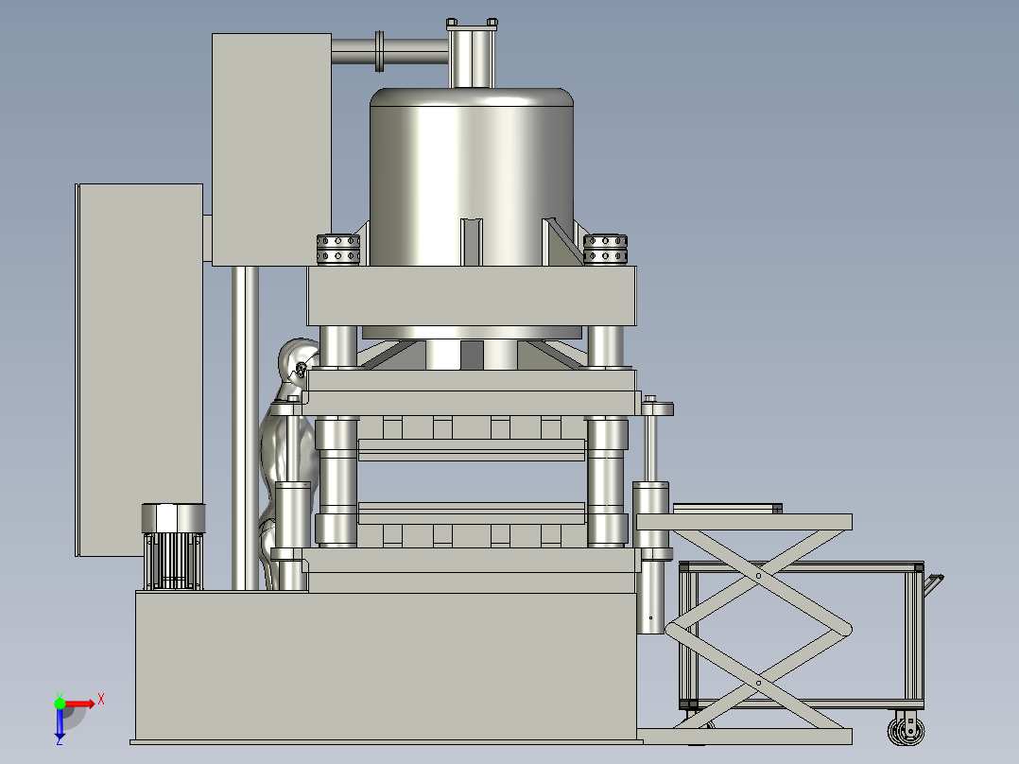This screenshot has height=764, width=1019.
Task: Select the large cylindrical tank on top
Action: point(472,176)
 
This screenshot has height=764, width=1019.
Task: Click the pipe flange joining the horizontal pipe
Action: point(380,51)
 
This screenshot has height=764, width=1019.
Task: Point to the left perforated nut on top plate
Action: point(338,250)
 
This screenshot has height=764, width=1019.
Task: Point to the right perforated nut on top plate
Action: point(605,250)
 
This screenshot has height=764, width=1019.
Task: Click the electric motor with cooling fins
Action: point(173,547)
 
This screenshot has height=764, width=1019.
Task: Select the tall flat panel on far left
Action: point(140,370)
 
